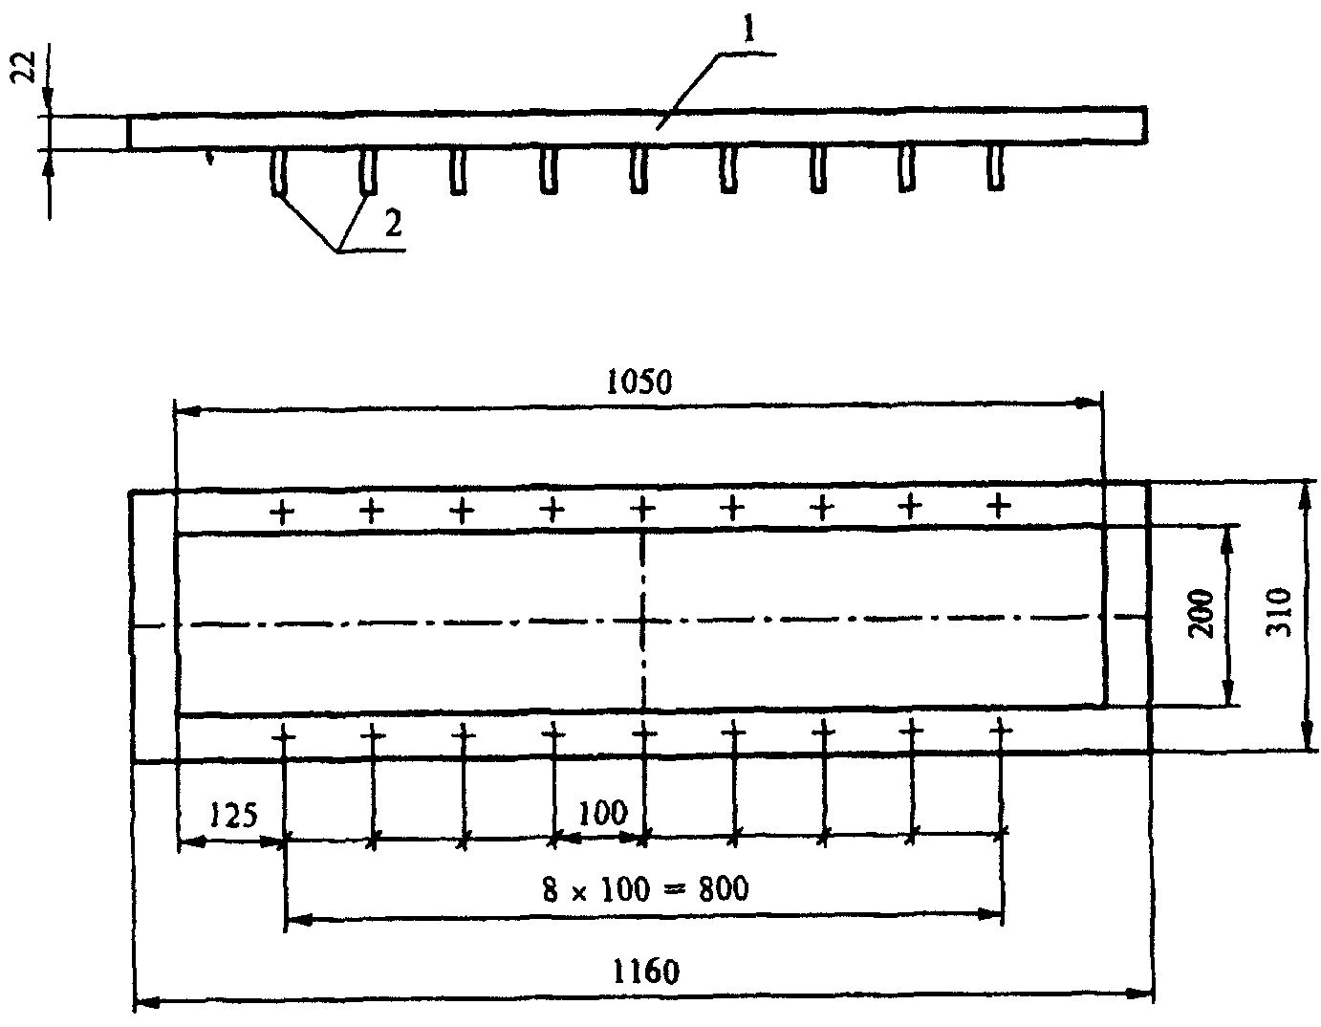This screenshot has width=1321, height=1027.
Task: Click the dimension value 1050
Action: (639, 382)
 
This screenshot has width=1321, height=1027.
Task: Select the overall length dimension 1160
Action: (647, 972)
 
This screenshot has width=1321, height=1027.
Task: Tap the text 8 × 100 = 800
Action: (645, 889)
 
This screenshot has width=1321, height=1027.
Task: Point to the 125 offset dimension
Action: (233, 816)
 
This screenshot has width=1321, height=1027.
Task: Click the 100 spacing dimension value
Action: (603, 814)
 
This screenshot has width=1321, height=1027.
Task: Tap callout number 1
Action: (751, 32)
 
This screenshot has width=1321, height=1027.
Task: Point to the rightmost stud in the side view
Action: (996, 168)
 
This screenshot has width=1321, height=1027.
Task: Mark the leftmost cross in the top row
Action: (282, 512)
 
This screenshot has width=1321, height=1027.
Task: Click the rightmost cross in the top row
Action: (998, 504)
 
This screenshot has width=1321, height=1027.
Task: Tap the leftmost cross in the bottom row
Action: (284, 735)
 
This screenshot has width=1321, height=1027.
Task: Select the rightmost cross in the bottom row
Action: (1001, 732)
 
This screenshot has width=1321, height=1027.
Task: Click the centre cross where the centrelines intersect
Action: (644, 622)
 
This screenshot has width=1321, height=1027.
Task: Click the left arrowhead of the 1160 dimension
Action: (143, 1004)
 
